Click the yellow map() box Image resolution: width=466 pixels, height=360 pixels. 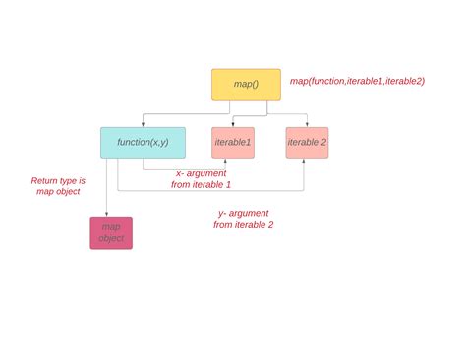pos(246,85)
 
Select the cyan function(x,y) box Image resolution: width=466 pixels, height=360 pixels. pos(143,143)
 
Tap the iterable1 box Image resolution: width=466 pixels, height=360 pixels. pos(233,143)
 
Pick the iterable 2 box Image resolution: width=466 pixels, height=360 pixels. pos(307,143)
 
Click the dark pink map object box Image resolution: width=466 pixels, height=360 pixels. pos(111,233)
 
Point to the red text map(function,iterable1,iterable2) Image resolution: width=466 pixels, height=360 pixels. pos(357,81)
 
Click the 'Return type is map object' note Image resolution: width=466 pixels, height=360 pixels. pos(58,187)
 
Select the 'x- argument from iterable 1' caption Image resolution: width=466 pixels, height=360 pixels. pos(201,179)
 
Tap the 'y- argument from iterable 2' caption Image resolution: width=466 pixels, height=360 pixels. pos(243,219)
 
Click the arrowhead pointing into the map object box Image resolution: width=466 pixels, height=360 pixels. pos(106,214)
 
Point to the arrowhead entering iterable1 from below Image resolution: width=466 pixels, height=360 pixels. pos(226,162)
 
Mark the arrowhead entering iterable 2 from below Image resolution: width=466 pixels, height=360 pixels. pos(303,162)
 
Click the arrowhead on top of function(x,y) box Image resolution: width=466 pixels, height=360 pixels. pos(144,124)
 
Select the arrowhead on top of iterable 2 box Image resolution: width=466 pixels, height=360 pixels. pos(308,124)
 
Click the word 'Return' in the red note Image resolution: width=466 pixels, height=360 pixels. pos(45,181)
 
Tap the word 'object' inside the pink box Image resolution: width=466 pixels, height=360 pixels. pos(111,239)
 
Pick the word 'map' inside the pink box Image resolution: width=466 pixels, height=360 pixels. pos(111,227)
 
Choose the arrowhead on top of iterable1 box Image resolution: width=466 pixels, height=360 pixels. pos(232,124)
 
